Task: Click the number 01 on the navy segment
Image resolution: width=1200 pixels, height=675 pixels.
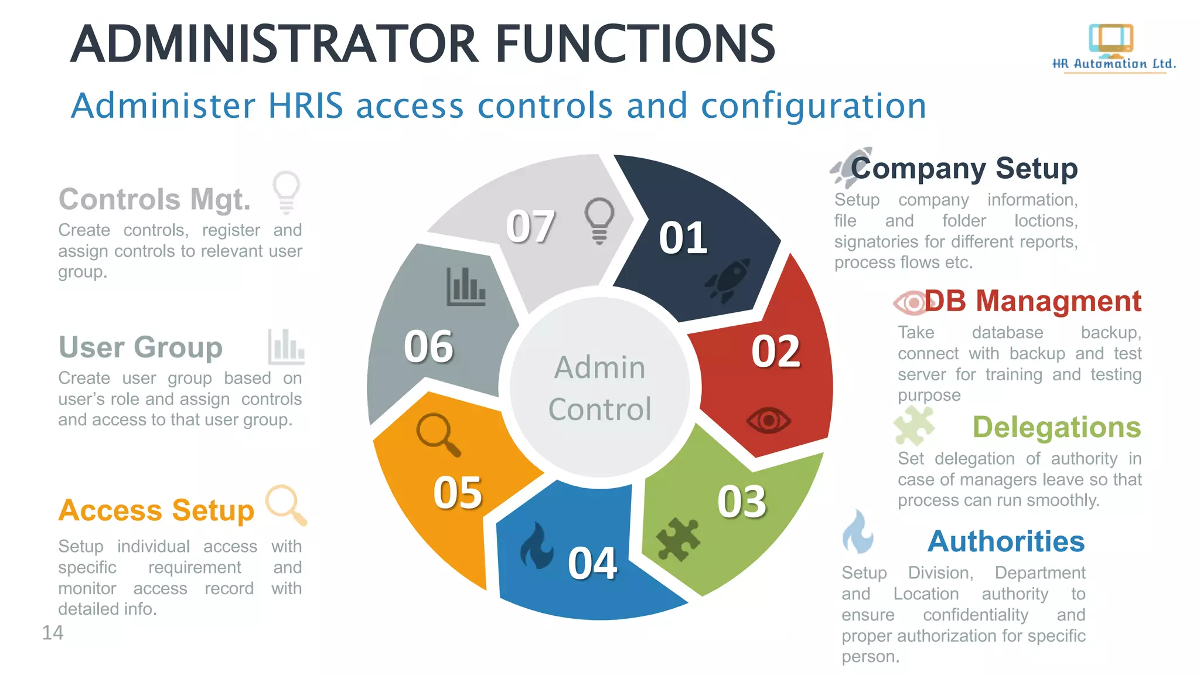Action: pos(683,238)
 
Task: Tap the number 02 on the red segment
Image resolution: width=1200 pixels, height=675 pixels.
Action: pos(776,352)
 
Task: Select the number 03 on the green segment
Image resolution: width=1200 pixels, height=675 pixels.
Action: pos(742,502)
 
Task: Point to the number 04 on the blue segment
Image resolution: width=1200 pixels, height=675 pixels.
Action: pos(592,564)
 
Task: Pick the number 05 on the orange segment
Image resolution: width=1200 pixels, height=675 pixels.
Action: pos(458,493)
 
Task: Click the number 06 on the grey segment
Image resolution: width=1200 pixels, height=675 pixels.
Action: pos(428,346)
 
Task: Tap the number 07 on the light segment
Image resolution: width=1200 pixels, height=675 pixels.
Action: pos(530,226)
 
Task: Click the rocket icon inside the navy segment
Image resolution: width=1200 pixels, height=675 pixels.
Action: pos(729,279)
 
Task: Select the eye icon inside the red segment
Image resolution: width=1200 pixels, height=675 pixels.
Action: pos(768,420)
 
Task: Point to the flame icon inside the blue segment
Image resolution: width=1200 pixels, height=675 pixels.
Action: pos(536,546)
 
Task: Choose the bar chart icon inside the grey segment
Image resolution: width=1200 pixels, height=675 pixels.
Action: pos(466,287)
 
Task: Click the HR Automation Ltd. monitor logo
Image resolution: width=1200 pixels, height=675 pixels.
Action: pos(1111,40)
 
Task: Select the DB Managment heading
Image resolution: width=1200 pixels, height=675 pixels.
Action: pos(1032,301)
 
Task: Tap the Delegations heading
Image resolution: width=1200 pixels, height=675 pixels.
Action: pos(1056,427)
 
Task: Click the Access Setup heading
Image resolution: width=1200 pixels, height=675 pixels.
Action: pos(156,510)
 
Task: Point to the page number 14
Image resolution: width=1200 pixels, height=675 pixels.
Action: pos(53,633)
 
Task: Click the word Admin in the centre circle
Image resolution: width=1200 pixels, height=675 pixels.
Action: pos(599,368)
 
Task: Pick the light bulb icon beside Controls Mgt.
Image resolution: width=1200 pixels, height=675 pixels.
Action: pos(287,192)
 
